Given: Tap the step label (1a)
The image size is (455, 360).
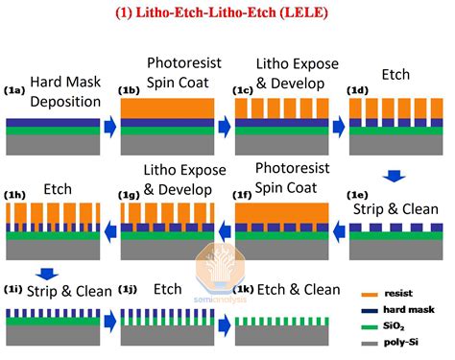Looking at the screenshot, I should [15, 89].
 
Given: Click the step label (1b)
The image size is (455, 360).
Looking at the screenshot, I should [131, 91].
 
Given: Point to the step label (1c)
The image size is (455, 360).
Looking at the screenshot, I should [246, 91].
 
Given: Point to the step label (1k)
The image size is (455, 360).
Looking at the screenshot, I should [246, 288].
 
